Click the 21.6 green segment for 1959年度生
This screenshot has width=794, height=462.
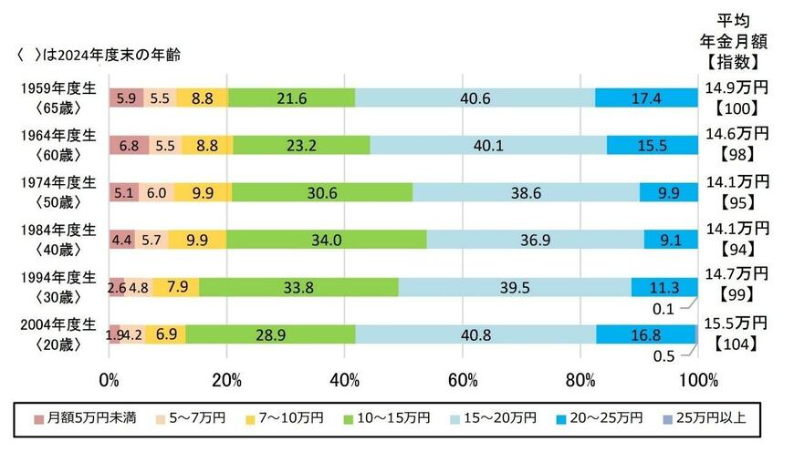pos(292,98)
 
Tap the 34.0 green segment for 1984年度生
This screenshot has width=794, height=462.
pos(326,240)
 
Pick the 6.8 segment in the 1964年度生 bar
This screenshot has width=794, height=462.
pos(127,145)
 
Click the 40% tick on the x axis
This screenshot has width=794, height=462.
pos(345,378)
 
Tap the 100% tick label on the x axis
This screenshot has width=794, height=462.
pos(698,378)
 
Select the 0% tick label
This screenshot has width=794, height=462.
pos(109,378)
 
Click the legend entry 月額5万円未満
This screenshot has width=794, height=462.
pos(86,418)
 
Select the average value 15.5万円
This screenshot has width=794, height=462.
pos(736,323)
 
